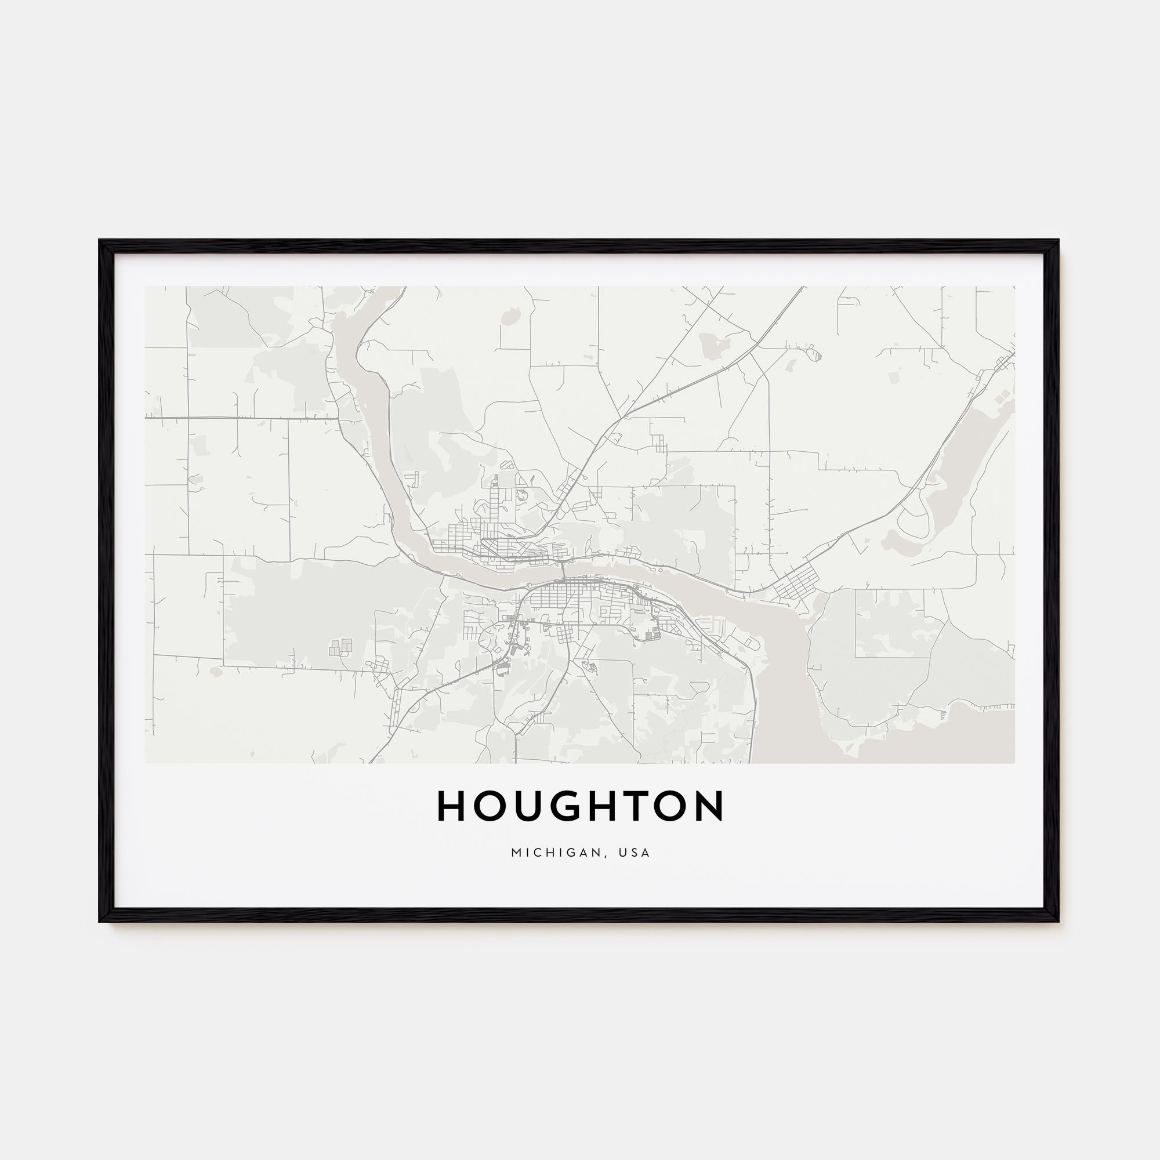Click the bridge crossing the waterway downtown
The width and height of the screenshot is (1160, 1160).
point(563,571)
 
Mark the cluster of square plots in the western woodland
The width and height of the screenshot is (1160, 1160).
point(340,647)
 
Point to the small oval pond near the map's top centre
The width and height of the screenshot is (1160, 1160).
point(511,316)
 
